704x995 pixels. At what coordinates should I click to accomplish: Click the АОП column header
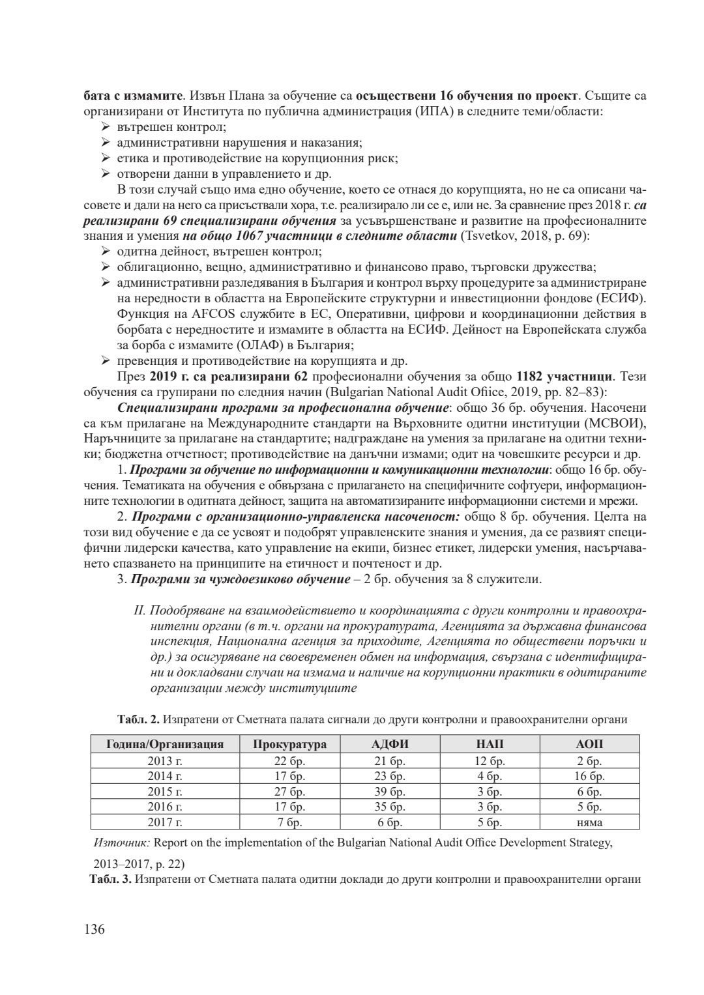(589, 744)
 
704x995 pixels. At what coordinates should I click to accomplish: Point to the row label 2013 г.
(165, 760)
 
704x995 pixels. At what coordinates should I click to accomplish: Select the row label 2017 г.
(165, 822)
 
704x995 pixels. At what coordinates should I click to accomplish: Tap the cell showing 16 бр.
(589, 776)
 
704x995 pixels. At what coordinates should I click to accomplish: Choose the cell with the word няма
(589, 822)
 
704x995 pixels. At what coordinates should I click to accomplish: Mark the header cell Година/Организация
(165, 744)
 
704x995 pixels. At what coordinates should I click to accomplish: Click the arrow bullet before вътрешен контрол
(106, 127)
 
